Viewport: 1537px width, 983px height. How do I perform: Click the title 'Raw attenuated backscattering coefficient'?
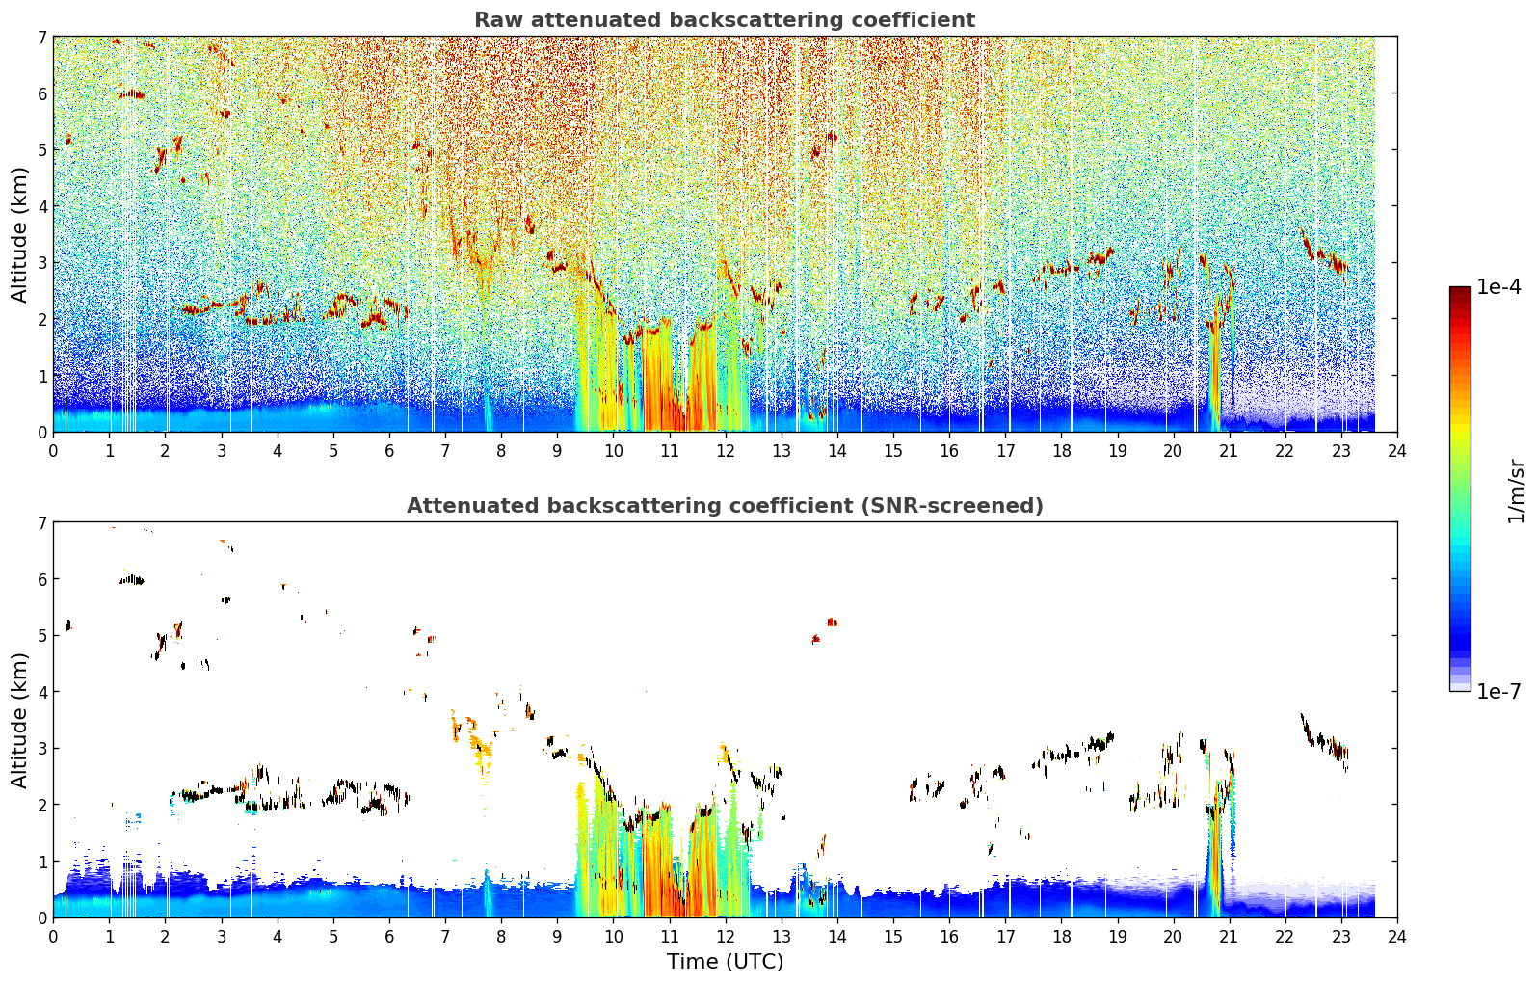pos(725,20)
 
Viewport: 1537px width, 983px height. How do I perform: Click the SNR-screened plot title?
pos(725,505)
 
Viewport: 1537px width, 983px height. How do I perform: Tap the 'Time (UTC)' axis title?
pos(725,961)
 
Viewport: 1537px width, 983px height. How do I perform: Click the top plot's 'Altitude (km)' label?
pos(19,235)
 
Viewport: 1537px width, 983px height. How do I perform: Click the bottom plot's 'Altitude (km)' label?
pos(19,720)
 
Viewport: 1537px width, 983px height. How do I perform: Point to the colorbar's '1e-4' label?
pos(1498,287)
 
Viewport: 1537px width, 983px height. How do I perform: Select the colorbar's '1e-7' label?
pos(1498,691)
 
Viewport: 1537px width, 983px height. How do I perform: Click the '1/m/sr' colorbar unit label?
pos(1516,491)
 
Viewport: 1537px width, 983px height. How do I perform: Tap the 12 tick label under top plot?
pos(726,451)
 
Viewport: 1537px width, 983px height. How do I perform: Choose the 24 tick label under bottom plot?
pos(1397,937)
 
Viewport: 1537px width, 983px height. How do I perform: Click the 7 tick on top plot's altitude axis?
pos(42,37)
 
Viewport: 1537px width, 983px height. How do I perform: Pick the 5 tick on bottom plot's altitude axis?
pos(42,636)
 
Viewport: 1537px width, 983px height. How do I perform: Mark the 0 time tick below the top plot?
pos(54,451)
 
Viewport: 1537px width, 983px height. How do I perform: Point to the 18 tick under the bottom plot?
pos(1062,937)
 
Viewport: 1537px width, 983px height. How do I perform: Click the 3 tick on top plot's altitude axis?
pos(42,263)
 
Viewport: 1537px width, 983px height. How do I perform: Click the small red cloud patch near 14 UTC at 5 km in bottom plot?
pos(832,622)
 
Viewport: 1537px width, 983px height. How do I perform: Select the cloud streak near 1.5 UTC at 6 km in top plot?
pos(132,94)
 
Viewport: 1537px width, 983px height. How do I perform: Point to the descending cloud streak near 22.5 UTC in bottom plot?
pos(1324,741)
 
